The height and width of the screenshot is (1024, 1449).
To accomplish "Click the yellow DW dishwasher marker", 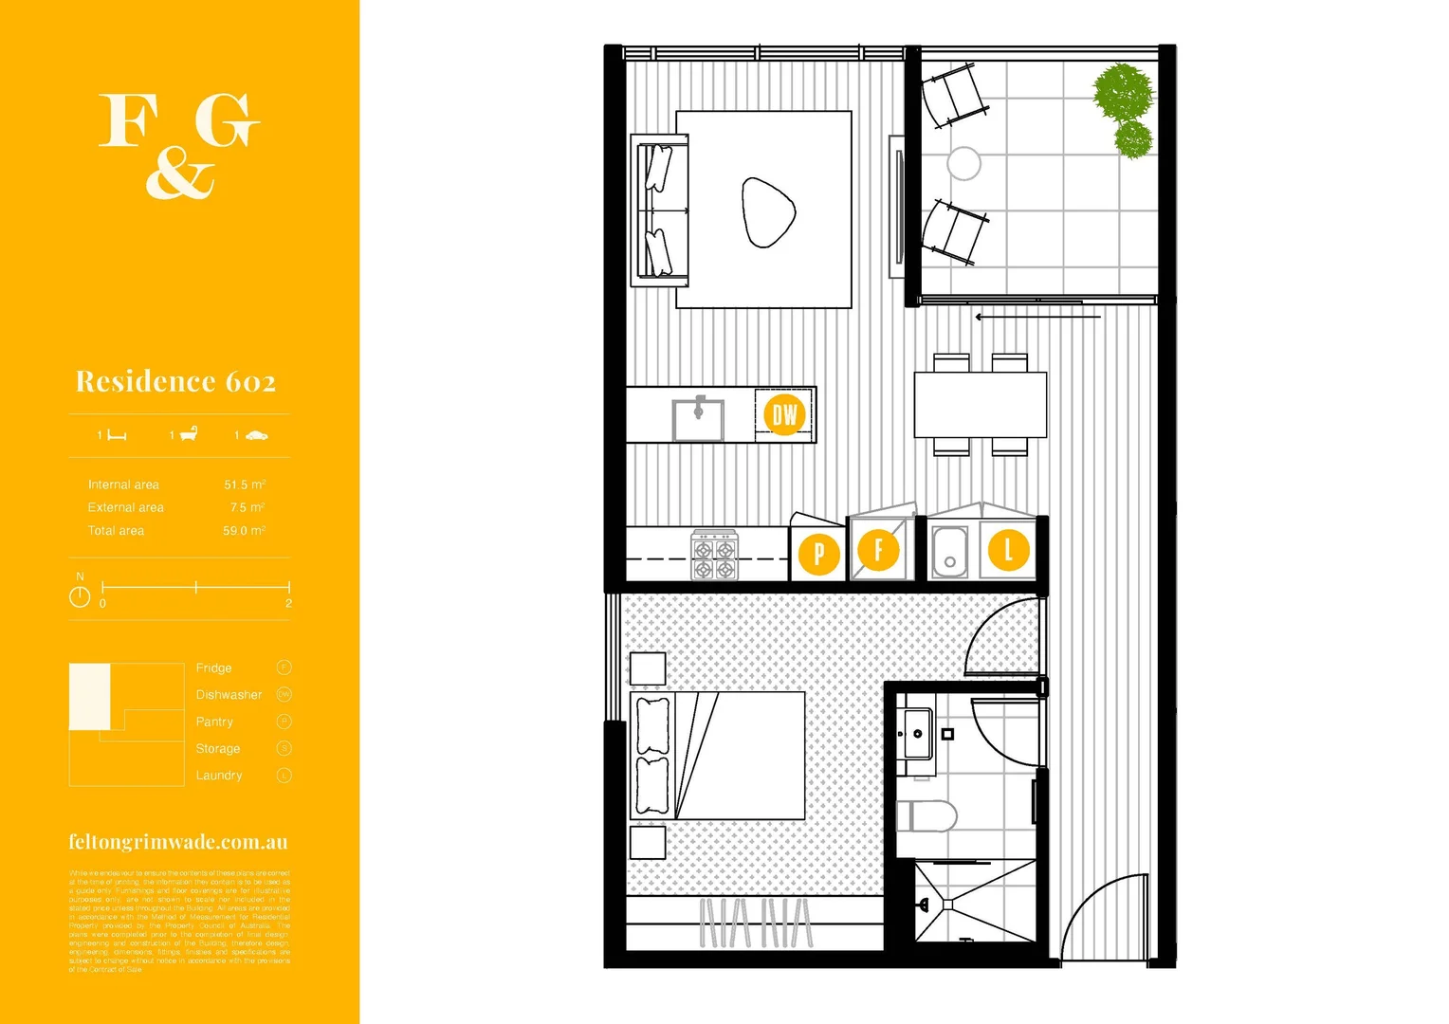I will point(784,414).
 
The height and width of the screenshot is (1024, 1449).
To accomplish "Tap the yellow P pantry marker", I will point(818,554).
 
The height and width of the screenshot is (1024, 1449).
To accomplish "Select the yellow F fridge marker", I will point(878,550).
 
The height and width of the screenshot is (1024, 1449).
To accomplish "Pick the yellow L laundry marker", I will point(1008,550).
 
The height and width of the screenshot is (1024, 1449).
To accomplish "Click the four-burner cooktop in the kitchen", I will point(714,556).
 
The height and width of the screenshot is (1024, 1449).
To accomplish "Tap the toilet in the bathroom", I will point(926,815).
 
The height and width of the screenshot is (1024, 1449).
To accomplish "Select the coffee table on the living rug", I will point(768,212).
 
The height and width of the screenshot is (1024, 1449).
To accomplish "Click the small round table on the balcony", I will point(963,163).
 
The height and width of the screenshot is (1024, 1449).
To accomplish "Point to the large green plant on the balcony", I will point(1123,93).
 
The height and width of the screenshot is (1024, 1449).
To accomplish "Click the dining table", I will point(980,405).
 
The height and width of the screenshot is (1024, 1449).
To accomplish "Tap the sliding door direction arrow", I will point(1037,317).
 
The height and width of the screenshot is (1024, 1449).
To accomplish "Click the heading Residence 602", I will point(175,381).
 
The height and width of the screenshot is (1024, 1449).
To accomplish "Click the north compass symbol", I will point(80,596).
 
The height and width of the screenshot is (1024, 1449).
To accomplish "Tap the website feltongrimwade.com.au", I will point(177,842).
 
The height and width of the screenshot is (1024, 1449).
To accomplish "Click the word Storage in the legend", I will point(218,749).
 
